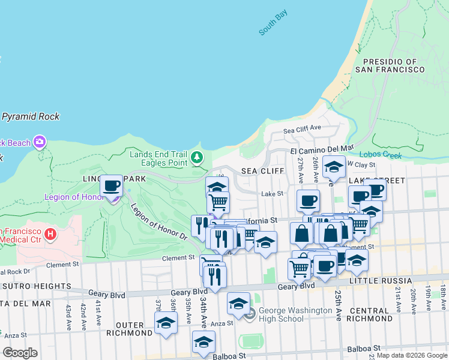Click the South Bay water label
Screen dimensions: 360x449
[274, 23]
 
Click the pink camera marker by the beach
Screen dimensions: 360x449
[40, 142]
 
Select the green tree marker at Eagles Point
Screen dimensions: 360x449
[196, 158]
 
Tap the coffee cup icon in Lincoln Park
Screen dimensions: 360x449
[110, 185]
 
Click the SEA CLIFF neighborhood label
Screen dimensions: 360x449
[262, 171]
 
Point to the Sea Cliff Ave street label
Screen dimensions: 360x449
[303, 128]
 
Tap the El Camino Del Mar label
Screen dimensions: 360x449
[322, 148]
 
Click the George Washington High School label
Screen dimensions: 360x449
[295, 314]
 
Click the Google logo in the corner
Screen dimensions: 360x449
[20, 352]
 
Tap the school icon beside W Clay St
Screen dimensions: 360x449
[334, 167]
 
